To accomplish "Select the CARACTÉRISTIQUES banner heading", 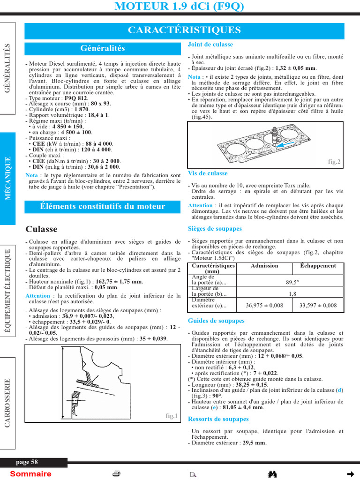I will tap(184, 30).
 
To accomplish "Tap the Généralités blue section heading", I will tap(103, 48).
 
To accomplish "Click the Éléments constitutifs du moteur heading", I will tap(103, 206).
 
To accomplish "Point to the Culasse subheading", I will tap(41, 229).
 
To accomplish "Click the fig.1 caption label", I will tap(172, 416).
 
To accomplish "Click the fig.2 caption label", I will tap(334, 162).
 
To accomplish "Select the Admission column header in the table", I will tap(264, 266).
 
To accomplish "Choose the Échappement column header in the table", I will tap(318, 266).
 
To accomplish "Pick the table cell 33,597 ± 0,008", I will tap(318, 305).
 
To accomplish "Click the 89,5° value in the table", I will tap(292, 283).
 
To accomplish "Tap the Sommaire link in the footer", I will tap(30, 474).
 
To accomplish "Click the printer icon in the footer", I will tap(117, 474).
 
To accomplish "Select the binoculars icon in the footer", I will tap(272, 474).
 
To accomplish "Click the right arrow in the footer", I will tap(350, 474).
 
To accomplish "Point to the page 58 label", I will tap(27, 462).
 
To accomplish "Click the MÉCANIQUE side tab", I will tap(8, 178).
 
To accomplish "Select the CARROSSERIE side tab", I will tap(8, 403).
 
